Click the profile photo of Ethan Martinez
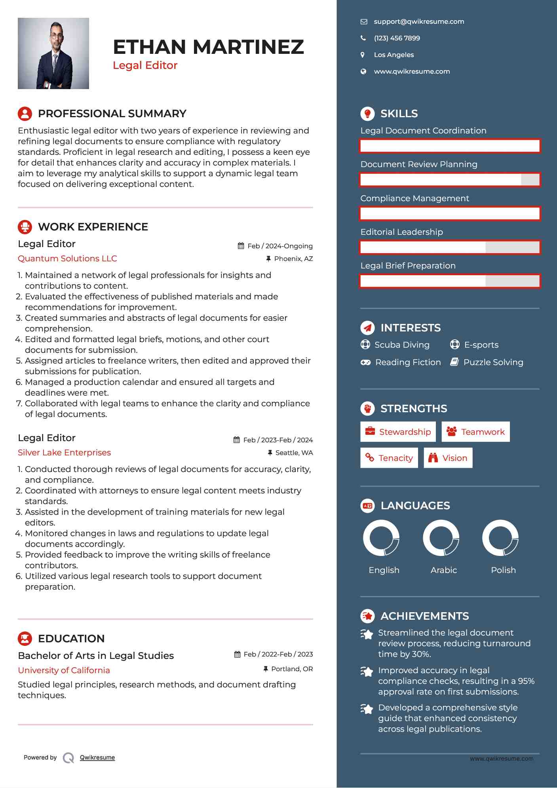point(53,53)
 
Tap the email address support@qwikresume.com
point(419,22)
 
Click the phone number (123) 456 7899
point(397,38)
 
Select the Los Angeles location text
point(394,55)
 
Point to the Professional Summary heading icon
point(25,114)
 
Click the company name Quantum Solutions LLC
point(67,259)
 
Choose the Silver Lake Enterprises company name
point(64,453)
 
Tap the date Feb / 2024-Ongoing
point(280,246)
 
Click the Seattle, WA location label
point(294,453)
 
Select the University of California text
point(64,670)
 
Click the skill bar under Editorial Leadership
point(450,247)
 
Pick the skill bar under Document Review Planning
point(450,180)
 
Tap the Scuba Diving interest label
point(402,345)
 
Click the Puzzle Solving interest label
point(493,362)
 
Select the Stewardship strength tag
point(398,432)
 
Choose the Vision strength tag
point(448,458)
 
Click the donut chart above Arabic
point(441,538)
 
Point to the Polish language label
point(503,570)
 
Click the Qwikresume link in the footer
point(97,758)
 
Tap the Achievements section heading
point(424,616)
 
